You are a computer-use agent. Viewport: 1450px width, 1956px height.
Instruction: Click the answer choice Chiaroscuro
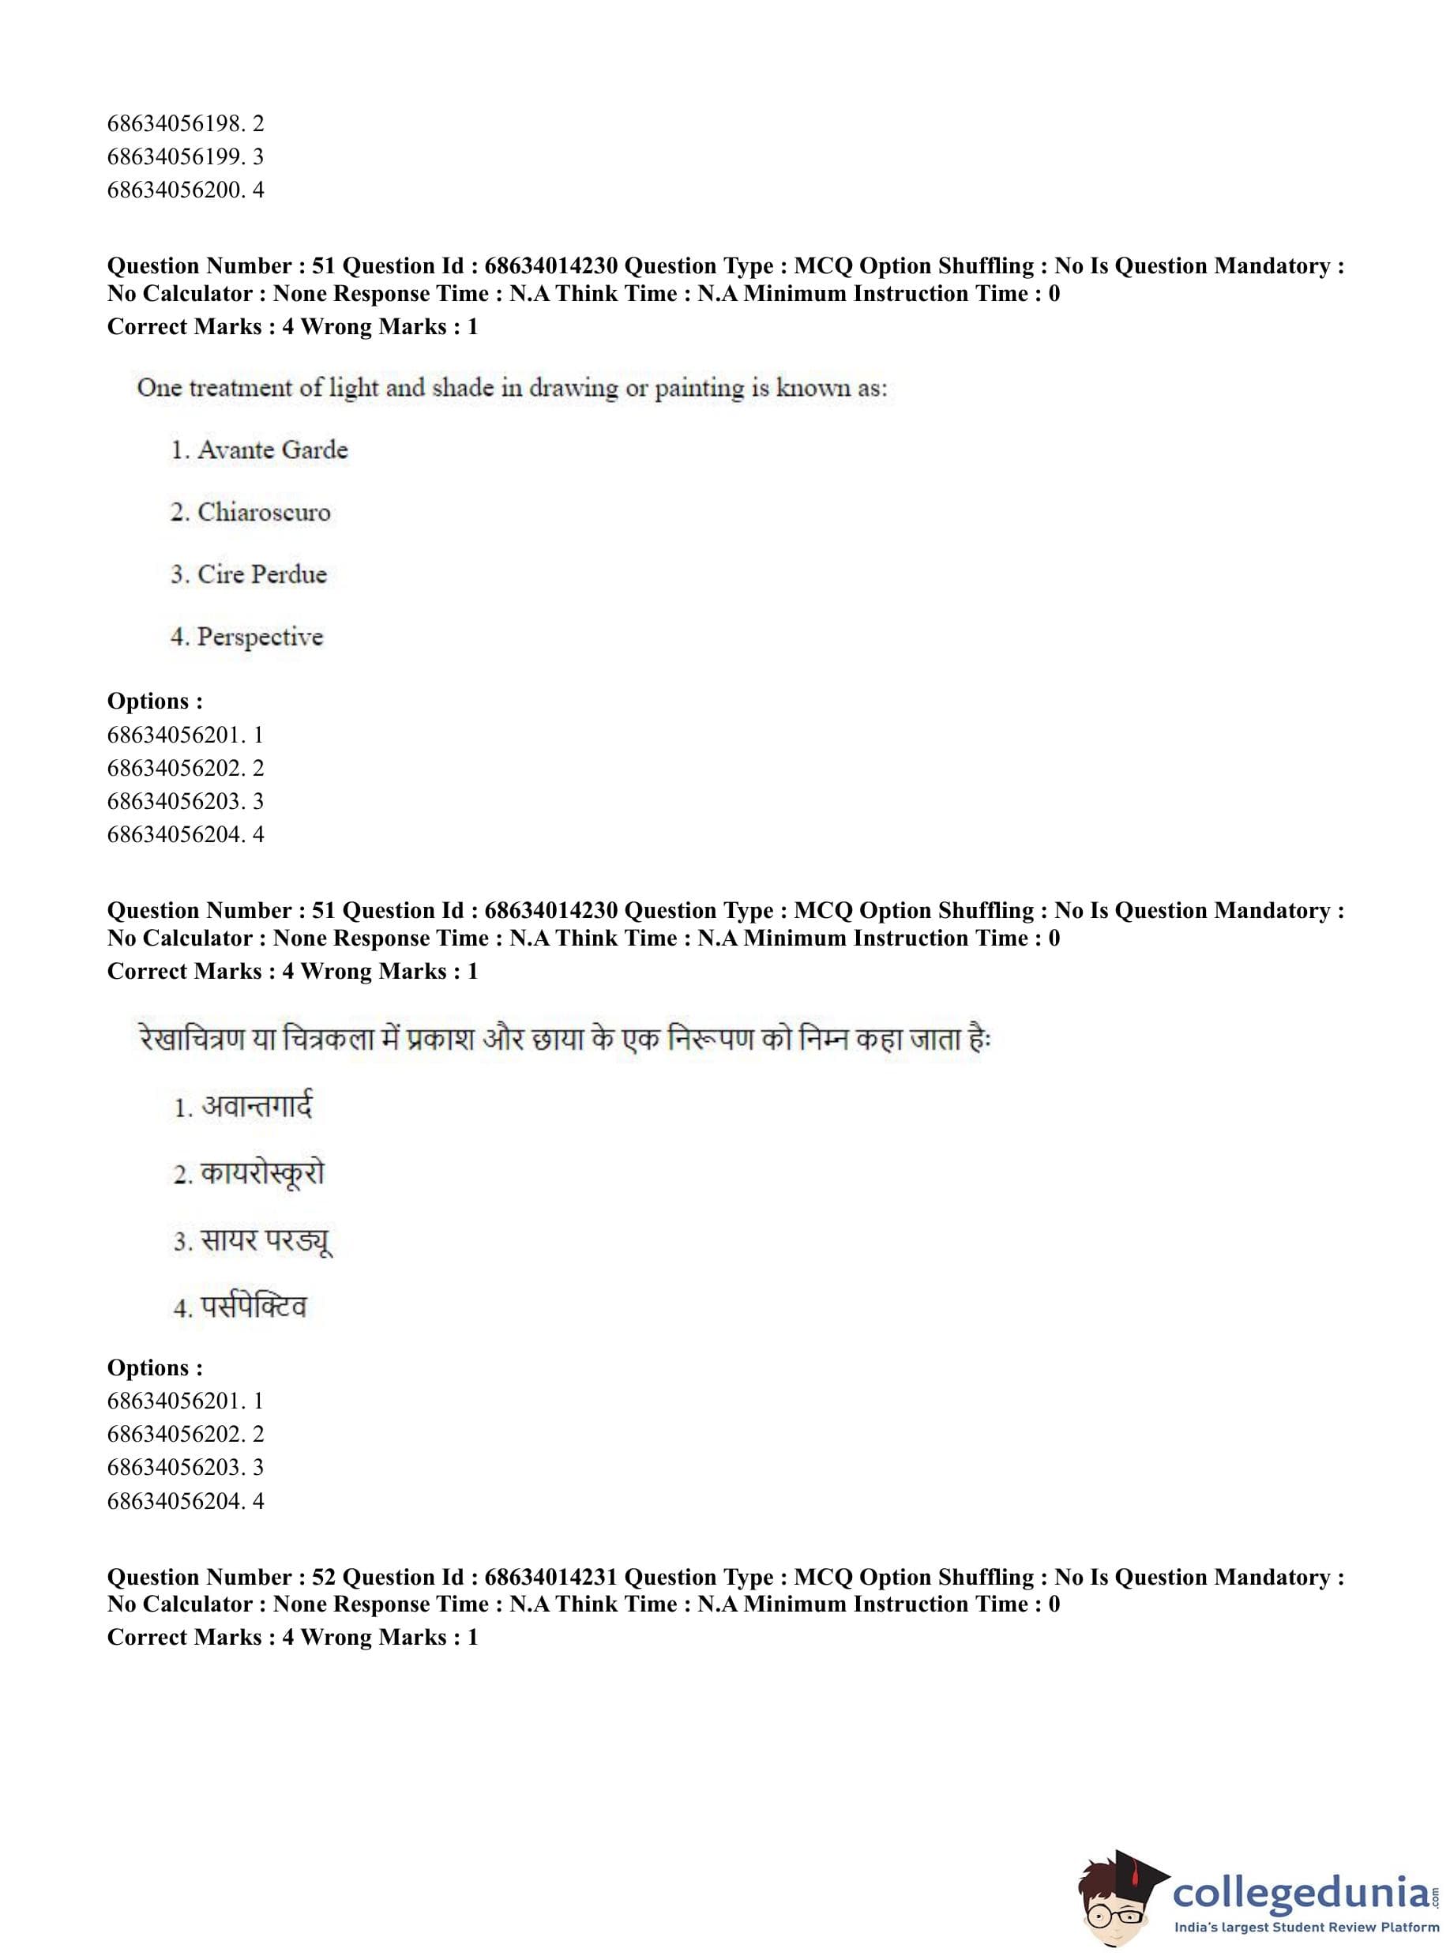coord(263,512)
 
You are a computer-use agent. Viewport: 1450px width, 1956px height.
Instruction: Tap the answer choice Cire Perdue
coord(261,574)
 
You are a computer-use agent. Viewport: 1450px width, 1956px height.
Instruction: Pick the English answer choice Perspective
coord(260,637)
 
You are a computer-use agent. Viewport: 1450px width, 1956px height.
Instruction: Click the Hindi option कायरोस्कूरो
coord(261,1174)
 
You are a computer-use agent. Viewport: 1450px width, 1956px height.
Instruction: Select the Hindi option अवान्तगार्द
coord(257,1106)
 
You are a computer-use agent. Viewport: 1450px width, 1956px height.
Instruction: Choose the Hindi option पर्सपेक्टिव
coord(254,1307)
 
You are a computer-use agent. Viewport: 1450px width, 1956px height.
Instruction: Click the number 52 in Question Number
coord(323,1578)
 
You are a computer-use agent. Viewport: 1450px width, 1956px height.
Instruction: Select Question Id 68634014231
coord(550,1578)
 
